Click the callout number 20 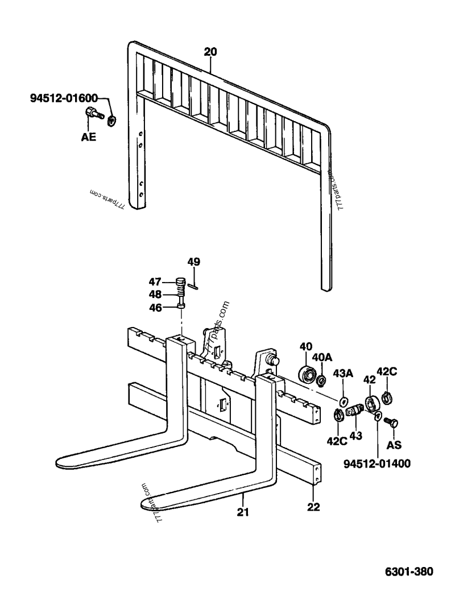pyautogui.click(x=210, y=52)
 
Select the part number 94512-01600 pyautogui.click(x=64, y=99)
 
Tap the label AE pyautogui.click(x=89, y=136)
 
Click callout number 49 pyautogui.click(x=194, y=262)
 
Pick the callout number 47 pyautogui.click(x=155, y=282)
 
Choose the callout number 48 pyautogui.click(x=155, y=295)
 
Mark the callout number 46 pyautogui.click(x=155, y=308)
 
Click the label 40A pyautogui.click(x=322, y=357)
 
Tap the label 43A pyautogui.click(x=343, y=373)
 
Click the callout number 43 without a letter pyautogui.click(x=356, y=435)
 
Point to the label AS pyautogui.click(x=394, y=444)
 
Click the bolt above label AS pyautogui.click(x=391, y=422)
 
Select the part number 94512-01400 pyautogui.click(x=377, y=463)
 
